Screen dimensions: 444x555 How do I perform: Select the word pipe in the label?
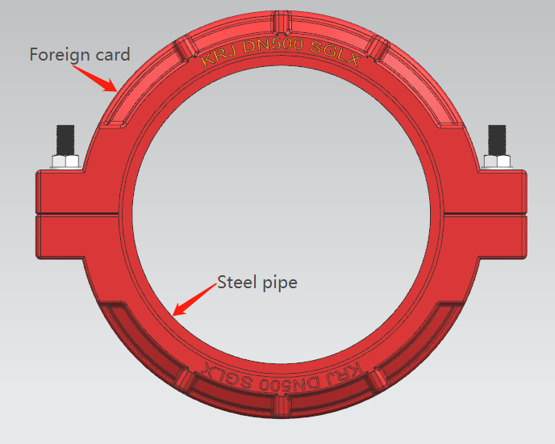pyautogui.click(x=278, y=283)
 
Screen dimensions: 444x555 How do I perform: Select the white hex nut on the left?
pyautogui.click(x=65, y=161)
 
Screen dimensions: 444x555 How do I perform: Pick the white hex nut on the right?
pyautogui.click(x=497, y=161)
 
